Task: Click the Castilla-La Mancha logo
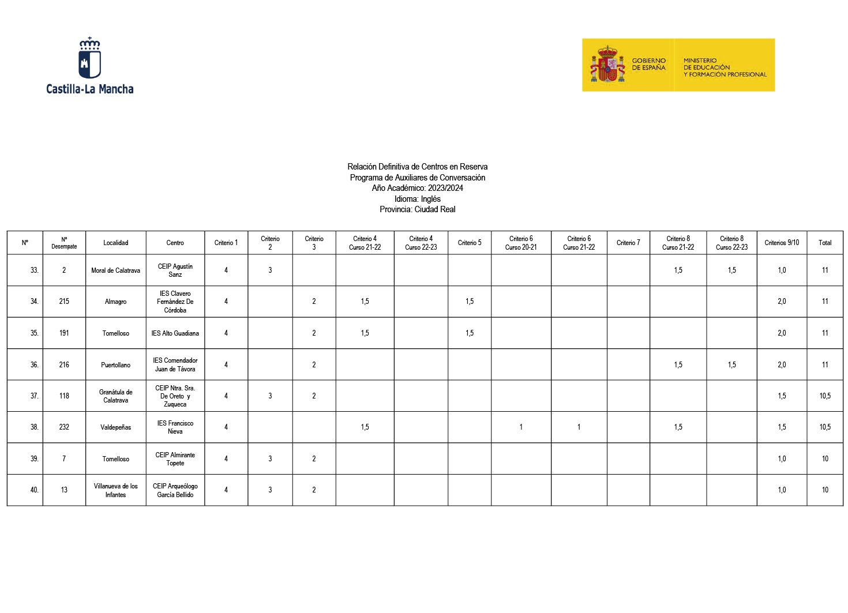(x=90, y=65)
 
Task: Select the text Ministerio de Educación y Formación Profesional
(x=725, y=67)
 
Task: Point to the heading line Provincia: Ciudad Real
(x=417, y=209)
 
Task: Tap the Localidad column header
(x=115, y=243)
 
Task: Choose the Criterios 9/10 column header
(x=781, y=243)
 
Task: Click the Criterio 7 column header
(x=628, y=243)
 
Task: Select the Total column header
(x=824, y=243)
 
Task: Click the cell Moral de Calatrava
(x=115, y=270)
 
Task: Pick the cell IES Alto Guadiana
(x=175, y=333)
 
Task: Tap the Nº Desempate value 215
(x=64, y=302)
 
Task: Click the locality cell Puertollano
(x=115, y=365)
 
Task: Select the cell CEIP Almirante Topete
(x=175, y=459)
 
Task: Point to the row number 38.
(x=34, y=427)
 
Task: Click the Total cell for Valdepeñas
(x=824, y=427)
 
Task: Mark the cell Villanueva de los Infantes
(x=115, y=490)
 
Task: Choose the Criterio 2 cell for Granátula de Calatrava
(x=270, y=396)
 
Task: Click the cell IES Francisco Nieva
(x=175, y=427)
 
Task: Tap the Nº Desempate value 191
(x=64, y=333)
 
